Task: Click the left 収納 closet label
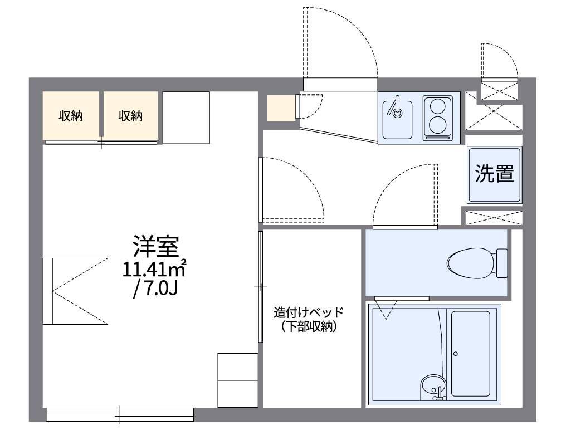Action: click(71, 116)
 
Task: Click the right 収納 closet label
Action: click(130, 116)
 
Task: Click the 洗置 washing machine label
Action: click(494, 174)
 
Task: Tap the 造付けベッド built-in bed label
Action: click(309, 312)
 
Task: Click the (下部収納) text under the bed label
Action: click(309, 328)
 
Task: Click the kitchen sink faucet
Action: click(397, 108)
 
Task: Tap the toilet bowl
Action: click(471, 262)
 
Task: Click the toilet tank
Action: click(501, 262)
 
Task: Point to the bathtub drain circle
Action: click(455, 353)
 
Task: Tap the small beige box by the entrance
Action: click(281, 108)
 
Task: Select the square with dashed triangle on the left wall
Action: click(76, 291)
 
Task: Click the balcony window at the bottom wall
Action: click(119, 414)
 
